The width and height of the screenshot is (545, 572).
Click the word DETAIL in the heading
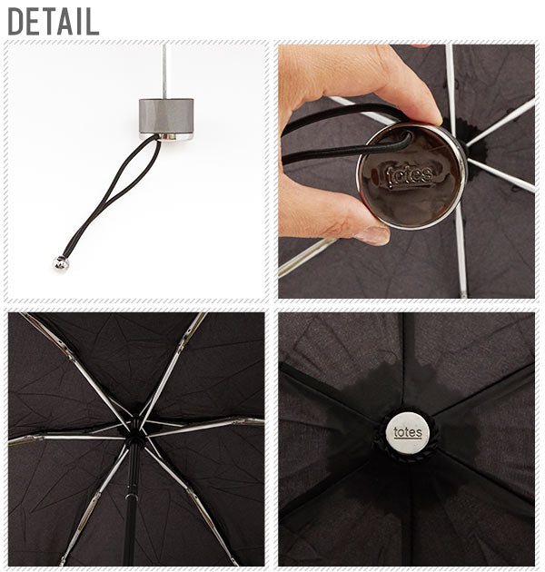(54, 21)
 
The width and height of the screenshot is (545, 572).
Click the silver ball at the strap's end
(61, 262)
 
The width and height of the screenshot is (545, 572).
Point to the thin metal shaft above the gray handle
(164, 71)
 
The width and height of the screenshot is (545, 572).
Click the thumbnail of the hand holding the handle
(406, 172)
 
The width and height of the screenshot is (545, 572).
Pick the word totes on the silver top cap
(408, 433)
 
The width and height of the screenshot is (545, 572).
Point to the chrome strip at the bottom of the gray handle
(166, 136)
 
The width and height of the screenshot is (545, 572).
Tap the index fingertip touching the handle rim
(432, 116)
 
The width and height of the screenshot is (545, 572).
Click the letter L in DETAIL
(92, 21)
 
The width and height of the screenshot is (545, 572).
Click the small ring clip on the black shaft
(131, 497)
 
